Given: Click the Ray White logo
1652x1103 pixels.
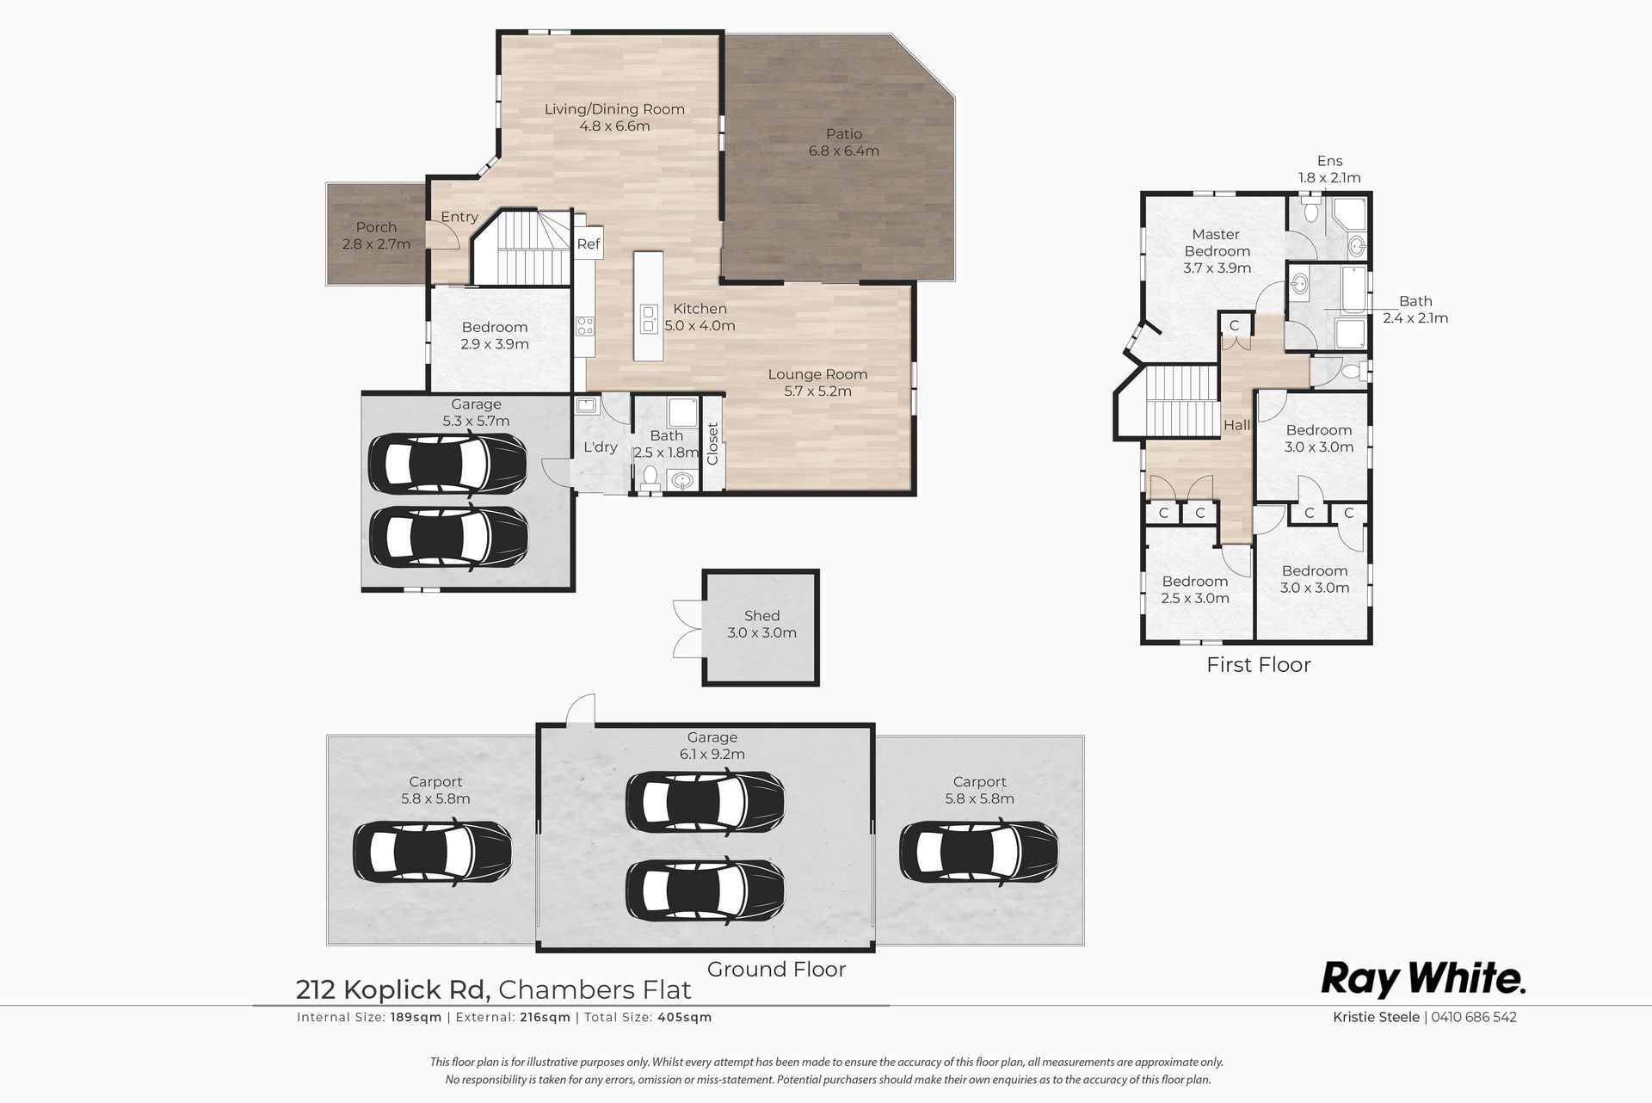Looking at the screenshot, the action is [x=1423, y=979].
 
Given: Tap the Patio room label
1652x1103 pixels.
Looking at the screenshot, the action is [x=844, y=134].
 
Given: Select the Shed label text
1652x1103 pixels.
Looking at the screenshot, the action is [x=761, y=616].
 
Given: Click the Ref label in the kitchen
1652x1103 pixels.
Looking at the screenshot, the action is [x=589, y=244].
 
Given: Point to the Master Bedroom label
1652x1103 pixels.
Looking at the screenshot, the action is [x=1217, y=243].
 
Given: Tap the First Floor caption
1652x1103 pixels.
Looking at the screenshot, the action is [x=1258, y=665].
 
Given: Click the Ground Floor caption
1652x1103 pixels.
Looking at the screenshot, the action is [x=776, y=970].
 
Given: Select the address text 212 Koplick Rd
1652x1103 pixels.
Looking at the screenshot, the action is [x=393, y=990].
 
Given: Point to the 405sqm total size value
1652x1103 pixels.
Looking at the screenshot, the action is [x=686, y=1017].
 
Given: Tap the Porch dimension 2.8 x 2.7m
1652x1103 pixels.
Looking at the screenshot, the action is [x=376, y=244].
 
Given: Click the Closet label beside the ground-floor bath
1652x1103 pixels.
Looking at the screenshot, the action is [x=712, y=443].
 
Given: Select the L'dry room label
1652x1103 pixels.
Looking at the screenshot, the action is [x=601, y=447].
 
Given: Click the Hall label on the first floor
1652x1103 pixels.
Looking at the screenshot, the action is [x=1237, y=425].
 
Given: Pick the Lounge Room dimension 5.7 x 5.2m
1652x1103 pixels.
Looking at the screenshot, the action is [x=817, y=391].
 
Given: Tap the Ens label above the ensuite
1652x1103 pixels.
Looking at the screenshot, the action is [x=1329, y=161].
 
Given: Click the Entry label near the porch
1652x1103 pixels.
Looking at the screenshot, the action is [x=459, y=217].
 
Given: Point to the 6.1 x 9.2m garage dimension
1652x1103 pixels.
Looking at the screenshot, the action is [x=712, y=755].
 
